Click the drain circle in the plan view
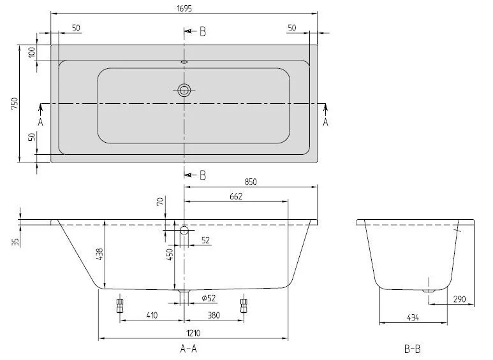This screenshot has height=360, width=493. pyautogui.click(x=184, y=90)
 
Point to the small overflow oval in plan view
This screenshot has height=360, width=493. pyautogui.click(x=184, y=62)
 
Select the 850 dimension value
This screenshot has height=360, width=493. pyautogui.click(x=251, y=182)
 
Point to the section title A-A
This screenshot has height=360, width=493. pyautogui.click(x=184, y=349)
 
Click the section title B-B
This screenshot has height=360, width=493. pyautogui.click(x=413, y=349)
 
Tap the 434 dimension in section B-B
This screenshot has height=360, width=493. pyautogui.click(x=412, y=317)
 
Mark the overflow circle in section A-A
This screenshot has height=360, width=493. pyautogui.click(x=184, y=230)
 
